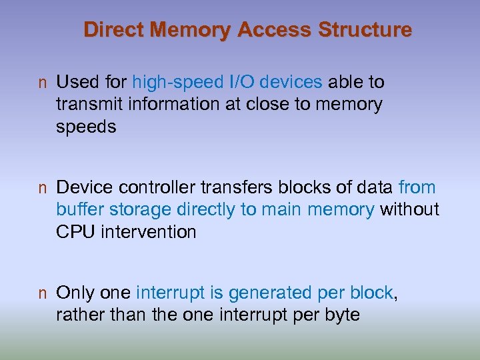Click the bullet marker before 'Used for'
click(42, 83)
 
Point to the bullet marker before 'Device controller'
click(42, 189)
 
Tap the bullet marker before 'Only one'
click(42, 294)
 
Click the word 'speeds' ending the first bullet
click(86, 127)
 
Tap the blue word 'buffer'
click(77, 209)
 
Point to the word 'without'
click(409, 209)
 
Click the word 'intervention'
click(148, 231)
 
